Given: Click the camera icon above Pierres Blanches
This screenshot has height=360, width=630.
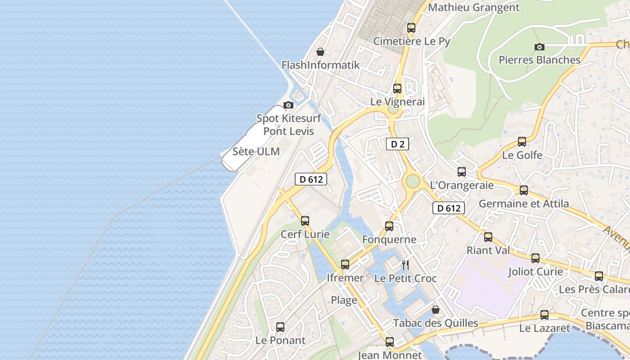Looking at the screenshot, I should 539,47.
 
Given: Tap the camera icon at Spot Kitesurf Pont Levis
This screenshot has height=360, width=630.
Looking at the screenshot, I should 288,105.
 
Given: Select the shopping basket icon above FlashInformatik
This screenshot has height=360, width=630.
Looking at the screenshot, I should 320,52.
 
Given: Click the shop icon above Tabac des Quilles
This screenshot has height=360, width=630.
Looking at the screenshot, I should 435,310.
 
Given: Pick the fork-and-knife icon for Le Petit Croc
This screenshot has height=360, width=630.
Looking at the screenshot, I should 405,265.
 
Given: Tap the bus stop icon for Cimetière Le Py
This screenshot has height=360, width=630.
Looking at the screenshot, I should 411,28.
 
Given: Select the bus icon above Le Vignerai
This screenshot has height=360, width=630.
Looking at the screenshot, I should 397,89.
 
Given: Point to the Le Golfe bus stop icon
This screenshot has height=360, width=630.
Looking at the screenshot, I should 522,142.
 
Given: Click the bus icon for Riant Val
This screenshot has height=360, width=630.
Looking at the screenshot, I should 488,237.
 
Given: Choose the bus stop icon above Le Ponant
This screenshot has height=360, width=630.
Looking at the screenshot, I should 280,327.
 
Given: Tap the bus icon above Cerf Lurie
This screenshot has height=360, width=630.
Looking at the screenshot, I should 305,221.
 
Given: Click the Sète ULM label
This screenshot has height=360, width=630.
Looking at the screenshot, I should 256,152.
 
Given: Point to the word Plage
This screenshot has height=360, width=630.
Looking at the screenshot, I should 344,300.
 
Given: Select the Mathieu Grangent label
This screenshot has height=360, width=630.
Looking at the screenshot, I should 474,7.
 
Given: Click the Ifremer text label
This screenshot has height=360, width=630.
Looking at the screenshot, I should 345,278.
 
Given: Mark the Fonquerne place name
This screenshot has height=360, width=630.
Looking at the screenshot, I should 389,239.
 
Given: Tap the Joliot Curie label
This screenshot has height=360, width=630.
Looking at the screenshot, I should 535,271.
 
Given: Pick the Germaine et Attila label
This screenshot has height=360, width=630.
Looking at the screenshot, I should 524,203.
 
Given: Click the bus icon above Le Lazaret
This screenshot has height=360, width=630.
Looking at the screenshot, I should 544,315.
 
